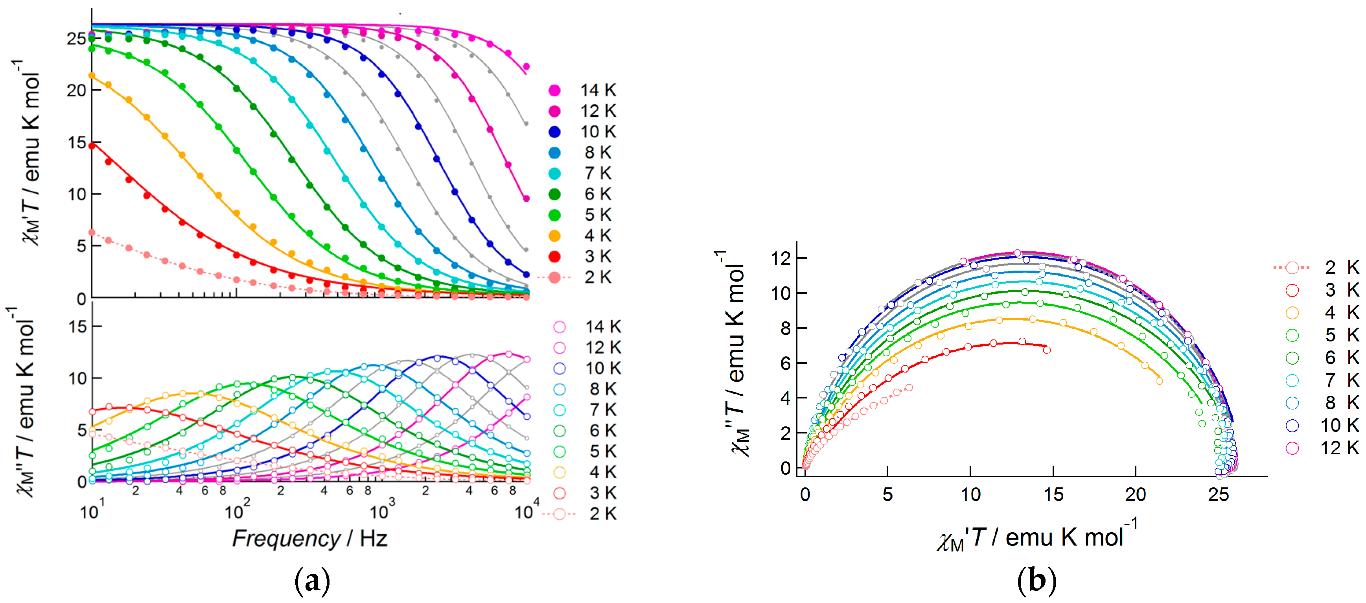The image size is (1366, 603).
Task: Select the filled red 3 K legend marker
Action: click(554, 257)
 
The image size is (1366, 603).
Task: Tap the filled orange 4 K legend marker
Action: click(554, 236)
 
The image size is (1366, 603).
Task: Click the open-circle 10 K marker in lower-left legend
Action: click(560, 369)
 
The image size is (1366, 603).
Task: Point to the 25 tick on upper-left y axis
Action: click(77, 39)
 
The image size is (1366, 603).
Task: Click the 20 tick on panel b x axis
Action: click(1135, 495)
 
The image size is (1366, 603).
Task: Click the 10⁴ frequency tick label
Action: click(526, 511)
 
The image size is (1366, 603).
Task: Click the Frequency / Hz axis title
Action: click(310, 538)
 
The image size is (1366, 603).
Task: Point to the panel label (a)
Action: click(312, 581)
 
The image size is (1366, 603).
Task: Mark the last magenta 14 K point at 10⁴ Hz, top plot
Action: click(526, 67)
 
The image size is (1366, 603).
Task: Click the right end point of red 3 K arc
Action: click(1047, 350)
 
